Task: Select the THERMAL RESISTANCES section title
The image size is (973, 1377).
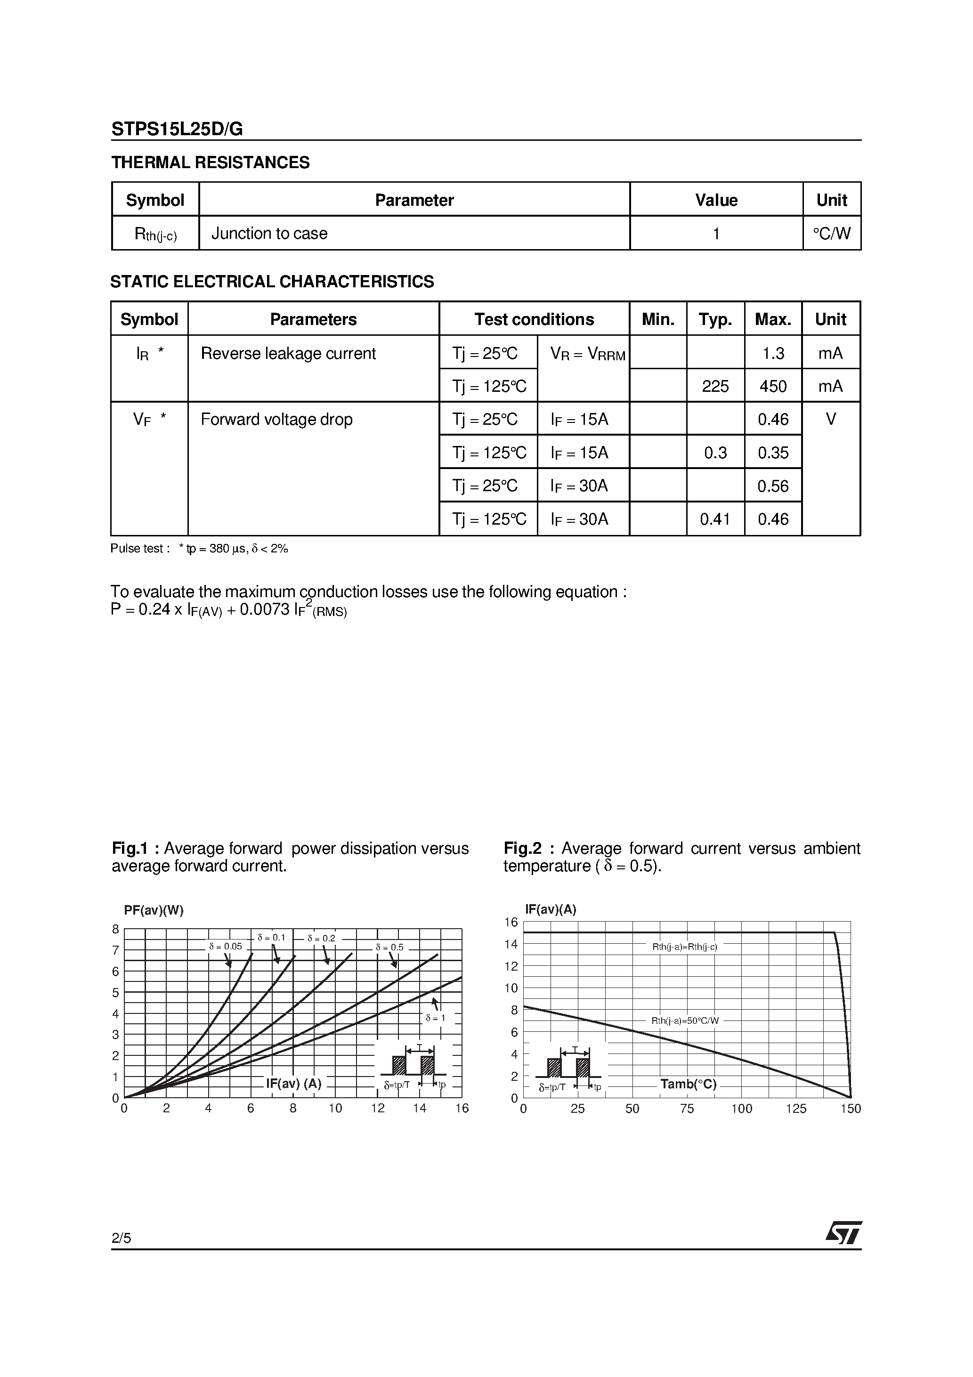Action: point(211,162)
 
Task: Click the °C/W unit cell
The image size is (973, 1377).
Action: point(831,233)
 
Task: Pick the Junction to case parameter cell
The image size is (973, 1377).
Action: point(269,233)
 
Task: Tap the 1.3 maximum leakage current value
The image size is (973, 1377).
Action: point(773,353)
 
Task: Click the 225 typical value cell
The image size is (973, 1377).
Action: point(715,386)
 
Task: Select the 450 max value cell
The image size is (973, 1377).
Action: point(773,386)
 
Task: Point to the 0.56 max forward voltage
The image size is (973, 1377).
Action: point(773,486)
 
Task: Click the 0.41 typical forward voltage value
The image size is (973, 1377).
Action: point(715,519)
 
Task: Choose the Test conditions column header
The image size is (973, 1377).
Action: point(534,319)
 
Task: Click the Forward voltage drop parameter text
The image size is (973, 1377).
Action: point(276,419)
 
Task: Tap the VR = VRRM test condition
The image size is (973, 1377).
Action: point(587,355)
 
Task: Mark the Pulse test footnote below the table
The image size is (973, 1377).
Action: point(199,548)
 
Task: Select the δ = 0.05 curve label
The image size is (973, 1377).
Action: point(226,947)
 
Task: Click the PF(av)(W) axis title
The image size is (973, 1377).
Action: point(154,910)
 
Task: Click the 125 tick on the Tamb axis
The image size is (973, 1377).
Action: point(796,1108)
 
